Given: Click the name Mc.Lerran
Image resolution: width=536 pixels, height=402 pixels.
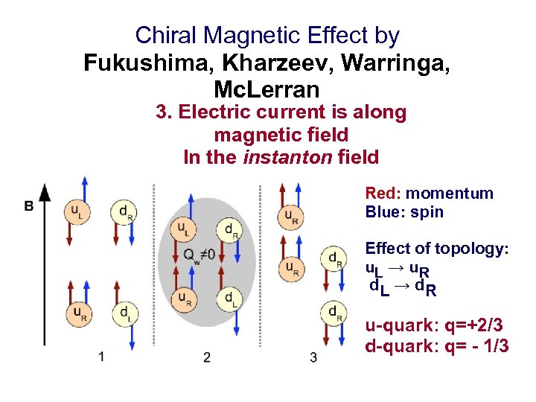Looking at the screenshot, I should click(267, 89).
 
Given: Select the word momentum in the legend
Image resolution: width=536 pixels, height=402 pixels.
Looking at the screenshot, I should click(450, 194).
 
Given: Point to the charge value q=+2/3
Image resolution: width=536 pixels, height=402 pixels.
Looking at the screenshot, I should click(470, 326).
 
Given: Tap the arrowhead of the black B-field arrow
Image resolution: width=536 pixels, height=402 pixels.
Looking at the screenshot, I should click(45, 192).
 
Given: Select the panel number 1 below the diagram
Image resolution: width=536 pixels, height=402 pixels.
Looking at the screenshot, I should click(100, 356).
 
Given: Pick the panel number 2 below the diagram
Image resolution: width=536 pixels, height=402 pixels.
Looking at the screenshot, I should click(206, 357).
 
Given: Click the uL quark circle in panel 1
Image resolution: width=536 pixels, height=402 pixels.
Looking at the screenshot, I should click(77, 211).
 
